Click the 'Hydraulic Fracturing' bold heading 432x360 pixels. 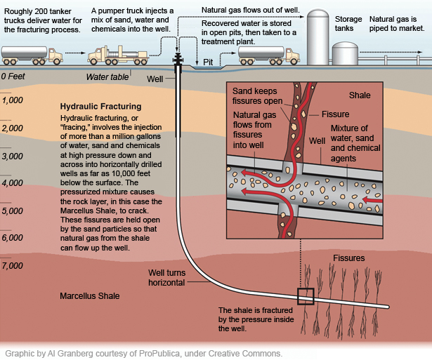point(101,107)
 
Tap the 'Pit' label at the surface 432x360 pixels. point(208,62)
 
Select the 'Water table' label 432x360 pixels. point(107,77)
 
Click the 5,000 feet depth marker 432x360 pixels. point(12,211)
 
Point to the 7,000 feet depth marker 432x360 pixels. point(12,265)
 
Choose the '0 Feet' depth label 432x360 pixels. point(13,76)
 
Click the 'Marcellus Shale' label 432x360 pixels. point(90,296)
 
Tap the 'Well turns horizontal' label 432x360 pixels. point(166,278)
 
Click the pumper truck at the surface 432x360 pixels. point(118,55)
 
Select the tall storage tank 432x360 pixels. point(318,37)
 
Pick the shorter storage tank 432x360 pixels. point(345,53)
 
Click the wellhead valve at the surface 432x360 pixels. point(178,60)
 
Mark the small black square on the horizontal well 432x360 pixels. point(306,296)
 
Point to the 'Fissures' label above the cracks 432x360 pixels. point(349,258)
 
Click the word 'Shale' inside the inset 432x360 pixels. point(360,95)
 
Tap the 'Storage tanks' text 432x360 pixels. point(348,24)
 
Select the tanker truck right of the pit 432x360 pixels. point(268,55)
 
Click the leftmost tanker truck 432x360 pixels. point(32,55)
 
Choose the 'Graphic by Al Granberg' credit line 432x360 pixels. point(143,354)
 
